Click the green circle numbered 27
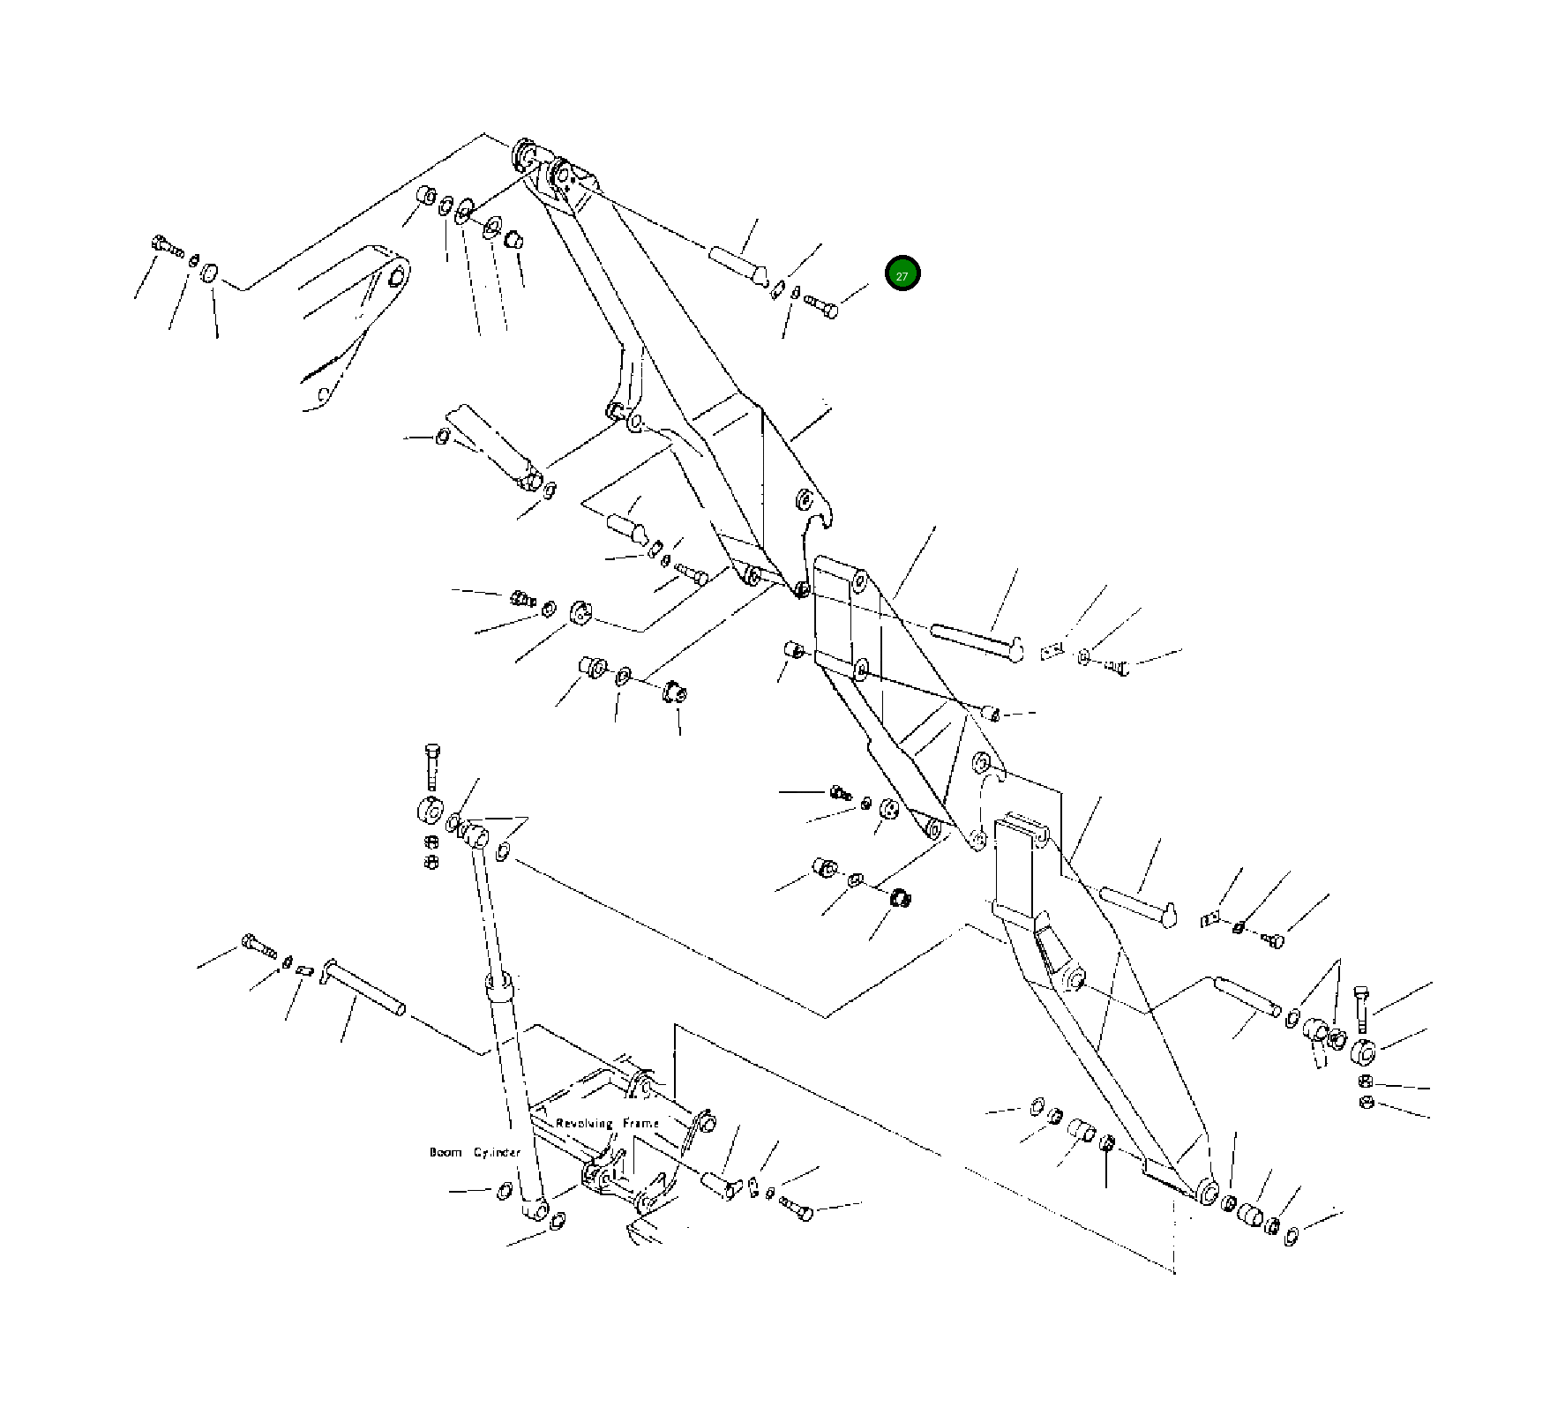coord(902,274)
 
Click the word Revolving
coord(584,1123)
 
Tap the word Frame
coord(641,1123)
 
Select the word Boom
coord(446,1152)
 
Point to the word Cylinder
coord(497,1152)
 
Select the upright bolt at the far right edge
coord(1360,1007)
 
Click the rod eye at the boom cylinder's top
coord(475,834)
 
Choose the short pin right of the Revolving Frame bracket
coord(719,1185)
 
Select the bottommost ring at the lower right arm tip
coord(1291,1235)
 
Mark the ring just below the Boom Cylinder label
coord(505,1190)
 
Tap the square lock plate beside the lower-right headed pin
coord(1209,919)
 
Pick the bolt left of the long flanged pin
coord(258,947)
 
